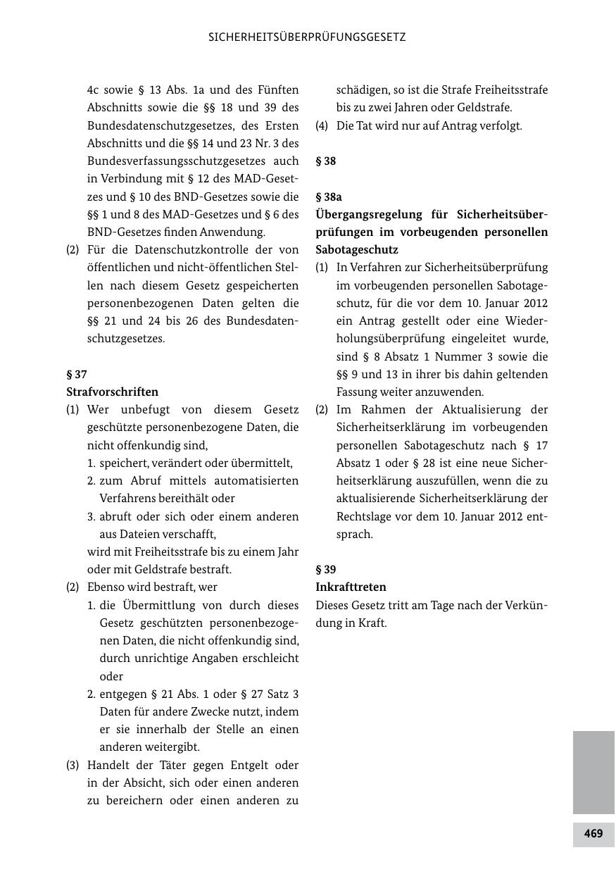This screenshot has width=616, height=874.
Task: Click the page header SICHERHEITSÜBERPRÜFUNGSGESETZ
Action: coord(307,37)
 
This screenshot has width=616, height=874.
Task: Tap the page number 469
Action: coord(593,834)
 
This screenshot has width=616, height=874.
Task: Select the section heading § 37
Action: coord(76,374)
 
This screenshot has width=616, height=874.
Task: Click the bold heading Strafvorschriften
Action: coord(112,392)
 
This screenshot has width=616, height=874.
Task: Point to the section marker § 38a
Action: coord(329,196)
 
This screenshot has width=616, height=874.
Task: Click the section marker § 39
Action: coord(325,569)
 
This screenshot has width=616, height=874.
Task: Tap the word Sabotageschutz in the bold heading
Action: coord(356,249)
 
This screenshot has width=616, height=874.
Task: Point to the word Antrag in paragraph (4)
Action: coord(458,125)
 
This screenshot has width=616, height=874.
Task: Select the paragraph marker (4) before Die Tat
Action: coord(322,125)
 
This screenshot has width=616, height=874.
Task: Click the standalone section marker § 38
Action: coord(325,161)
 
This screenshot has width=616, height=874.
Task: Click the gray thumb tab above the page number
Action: coord(593,772)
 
